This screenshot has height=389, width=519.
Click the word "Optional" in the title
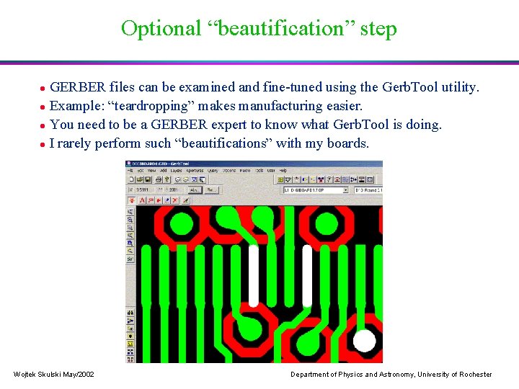(x=161, y=29)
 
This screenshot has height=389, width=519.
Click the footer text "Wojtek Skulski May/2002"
(x=54, y=375)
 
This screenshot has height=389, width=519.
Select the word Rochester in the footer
(x=473, y=375)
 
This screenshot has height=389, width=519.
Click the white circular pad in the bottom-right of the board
(x=365, y=341)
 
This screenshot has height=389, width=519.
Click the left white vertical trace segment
(x=253, y=276)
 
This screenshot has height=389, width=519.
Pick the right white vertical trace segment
(x=307, y=276)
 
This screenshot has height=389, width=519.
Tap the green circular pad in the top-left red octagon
(x=182, y=224)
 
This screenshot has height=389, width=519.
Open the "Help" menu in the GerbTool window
(x=284, y=171)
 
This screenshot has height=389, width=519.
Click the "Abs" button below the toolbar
(x=193, y=189)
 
